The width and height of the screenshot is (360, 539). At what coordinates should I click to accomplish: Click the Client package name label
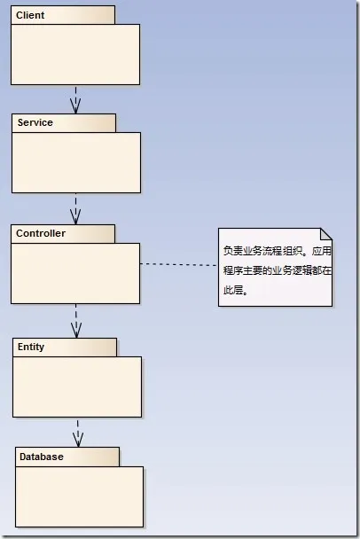point(30,15)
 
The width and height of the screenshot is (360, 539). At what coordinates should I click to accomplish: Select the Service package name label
point(35,123)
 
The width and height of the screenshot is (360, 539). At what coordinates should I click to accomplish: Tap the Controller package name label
point(41,233)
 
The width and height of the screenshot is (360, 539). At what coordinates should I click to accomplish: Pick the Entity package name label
point(31,347)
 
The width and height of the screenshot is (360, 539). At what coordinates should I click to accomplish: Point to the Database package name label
point(40,457)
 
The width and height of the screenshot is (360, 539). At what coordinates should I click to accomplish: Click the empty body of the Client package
point(75,54)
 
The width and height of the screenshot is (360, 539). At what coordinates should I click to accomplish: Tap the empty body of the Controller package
point(75,273)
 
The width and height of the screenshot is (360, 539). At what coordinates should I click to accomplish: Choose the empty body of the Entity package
point(77,387)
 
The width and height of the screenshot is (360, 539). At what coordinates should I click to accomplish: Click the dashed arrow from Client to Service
point(75,99)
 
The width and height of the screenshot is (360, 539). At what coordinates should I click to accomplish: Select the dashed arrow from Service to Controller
point(75,209)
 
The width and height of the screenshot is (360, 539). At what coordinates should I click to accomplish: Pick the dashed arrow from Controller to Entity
point(75,320)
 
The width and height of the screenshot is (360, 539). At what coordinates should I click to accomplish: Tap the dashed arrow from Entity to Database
point(77,432)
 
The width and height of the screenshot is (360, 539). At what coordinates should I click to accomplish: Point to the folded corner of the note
point(325,235)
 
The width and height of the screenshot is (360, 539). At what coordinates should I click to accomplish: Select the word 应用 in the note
point(321,252)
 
